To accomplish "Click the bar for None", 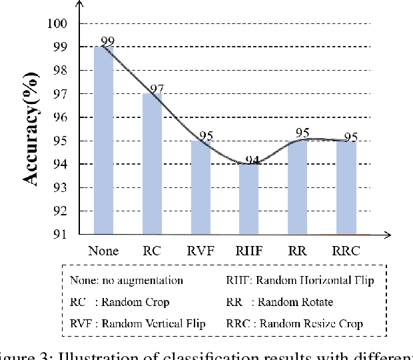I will pos(103,140).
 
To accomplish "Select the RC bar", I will pos(152,164).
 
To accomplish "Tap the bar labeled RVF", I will pos(200,187).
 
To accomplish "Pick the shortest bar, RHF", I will pos(248,199).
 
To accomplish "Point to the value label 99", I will pos(108,41).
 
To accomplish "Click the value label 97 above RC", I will pos(157,89).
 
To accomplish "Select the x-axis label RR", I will pos(296,251).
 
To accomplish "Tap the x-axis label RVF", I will pos(200,251).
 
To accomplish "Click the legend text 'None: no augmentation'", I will pos(126,281).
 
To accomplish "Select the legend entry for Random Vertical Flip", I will pos(137,323).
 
